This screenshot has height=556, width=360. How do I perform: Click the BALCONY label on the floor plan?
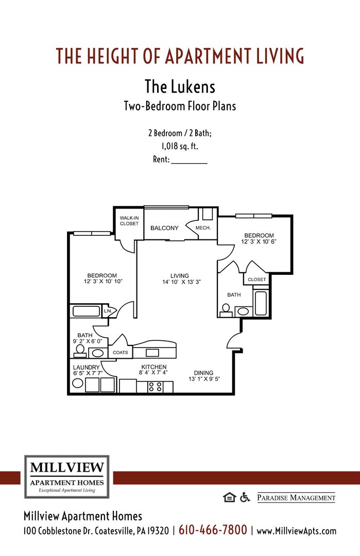164,228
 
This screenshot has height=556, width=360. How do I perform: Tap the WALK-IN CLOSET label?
129,221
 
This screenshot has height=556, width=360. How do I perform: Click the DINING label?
203,373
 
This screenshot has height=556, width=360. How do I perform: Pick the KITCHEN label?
153,367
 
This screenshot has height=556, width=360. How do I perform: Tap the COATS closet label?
121,353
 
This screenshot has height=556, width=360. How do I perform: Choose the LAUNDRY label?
86,367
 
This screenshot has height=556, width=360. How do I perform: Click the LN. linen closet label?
108,311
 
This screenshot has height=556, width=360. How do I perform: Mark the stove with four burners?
156,386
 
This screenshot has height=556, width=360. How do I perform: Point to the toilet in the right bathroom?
226,310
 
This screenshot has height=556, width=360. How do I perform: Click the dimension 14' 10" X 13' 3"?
181,282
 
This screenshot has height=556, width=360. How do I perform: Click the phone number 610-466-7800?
213,530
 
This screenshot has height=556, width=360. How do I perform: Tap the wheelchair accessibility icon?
245,497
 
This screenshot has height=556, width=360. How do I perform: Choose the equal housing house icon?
229,497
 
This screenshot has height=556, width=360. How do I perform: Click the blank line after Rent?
188,160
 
